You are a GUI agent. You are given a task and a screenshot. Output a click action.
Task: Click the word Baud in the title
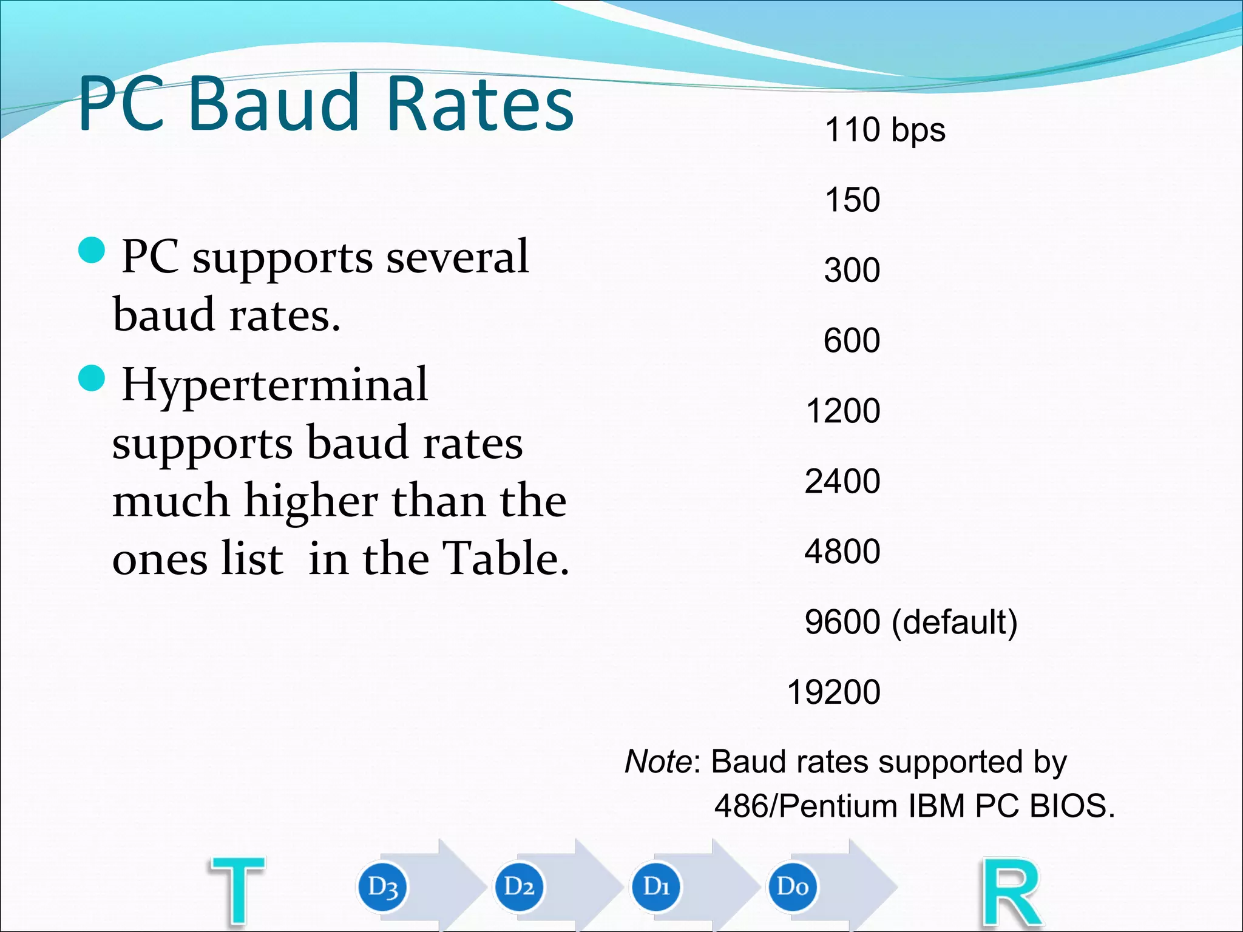point(274,103)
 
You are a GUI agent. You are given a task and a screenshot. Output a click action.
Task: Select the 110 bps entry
point(884,130)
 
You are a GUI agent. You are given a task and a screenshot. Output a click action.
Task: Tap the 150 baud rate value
point(852,200)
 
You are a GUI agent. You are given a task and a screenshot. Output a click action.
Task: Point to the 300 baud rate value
point(852,270)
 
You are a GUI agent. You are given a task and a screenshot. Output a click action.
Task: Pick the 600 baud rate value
point(852,340)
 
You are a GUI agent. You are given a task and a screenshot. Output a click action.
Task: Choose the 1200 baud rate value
point(843,411)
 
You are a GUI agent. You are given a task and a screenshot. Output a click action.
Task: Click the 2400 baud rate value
point(842,481)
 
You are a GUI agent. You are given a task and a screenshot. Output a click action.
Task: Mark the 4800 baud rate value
point(842,552)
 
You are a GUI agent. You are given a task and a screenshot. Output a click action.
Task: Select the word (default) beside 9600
point(954,622)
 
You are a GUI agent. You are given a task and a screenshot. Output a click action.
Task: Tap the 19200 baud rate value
point(833,692)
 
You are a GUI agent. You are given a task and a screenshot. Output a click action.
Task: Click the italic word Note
point(658,761)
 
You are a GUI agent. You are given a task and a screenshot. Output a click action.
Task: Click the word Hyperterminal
point(275,385)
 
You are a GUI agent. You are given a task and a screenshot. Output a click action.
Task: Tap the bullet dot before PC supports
point(92,250)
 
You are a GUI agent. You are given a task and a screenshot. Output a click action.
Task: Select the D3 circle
point(382,887)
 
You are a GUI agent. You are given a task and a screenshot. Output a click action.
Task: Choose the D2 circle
point(519,887)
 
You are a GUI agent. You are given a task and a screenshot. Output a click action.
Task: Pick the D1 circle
point(656,887)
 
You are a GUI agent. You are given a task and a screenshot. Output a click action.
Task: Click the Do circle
point(793,887)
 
